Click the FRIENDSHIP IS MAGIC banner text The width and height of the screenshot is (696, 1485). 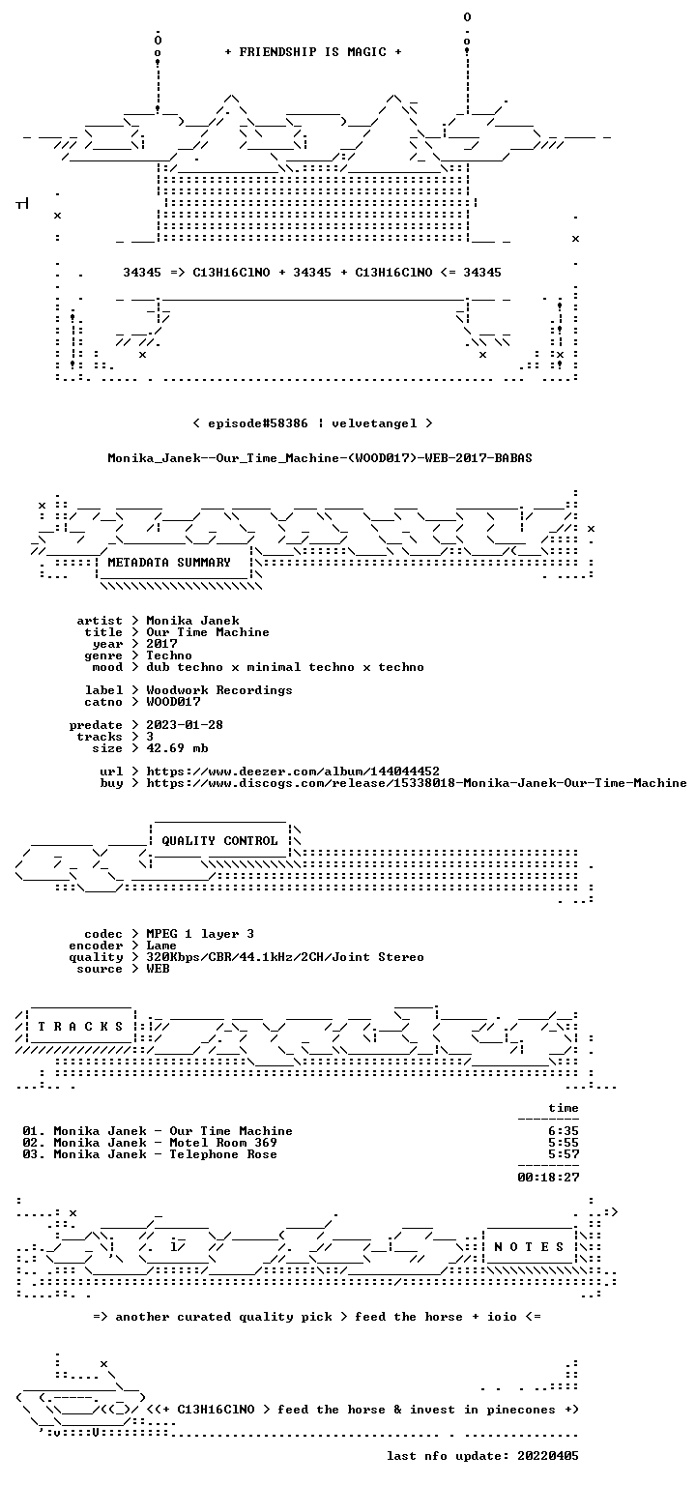(313, 52)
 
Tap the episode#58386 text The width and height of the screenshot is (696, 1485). (258, 423)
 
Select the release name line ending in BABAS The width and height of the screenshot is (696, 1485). (320, 458)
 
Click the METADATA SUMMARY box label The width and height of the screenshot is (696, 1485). (169, 563)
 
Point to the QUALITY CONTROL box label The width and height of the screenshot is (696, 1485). (219, 841)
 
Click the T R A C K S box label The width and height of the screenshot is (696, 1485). (80, 1027)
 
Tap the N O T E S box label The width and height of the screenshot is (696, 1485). (529, 1247)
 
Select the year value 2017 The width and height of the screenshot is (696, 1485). (161, 644)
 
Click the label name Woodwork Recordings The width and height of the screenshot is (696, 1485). (219, 690)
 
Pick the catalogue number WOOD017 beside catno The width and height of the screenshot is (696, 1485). (173, 702)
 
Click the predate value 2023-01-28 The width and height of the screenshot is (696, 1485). (185, 725)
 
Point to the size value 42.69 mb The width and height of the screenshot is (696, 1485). (177, 748)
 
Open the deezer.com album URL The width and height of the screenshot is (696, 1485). (293, 772)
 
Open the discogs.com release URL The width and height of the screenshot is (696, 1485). (417, 783)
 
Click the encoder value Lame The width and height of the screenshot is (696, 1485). (161, 946)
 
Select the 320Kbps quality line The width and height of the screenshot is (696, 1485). (285, 957)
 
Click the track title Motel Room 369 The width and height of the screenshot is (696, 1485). (223, 1143)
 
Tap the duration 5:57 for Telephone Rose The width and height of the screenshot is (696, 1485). (564, 1154)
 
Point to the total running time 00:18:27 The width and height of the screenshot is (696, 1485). (548, 1178)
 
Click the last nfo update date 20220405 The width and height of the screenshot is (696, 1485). (548, 1456)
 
